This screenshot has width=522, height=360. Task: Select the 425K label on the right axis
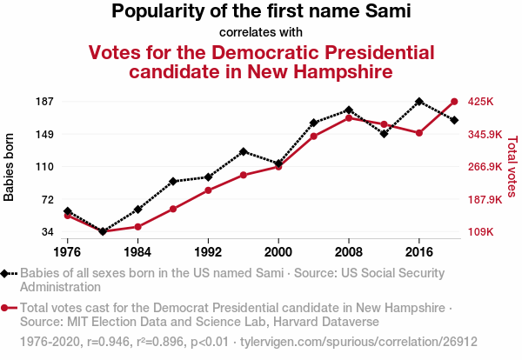pos(481,102)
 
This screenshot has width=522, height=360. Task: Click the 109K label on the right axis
pos(481,232)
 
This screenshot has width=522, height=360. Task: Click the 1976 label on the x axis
pos(67,252)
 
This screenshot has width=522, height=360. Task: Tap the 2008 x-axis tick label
pos(349,252)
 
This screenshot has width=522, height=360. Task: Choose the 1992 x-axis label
pos(208,252)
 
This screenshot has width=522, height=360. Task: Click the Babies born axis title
pos(10,167)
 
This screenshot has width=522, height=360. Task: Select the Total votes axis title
pos(512,167)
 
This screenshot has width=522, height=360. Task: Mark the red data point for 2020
pos(454,102)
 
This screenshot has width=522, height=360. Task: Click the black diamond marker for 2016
pos(419,102)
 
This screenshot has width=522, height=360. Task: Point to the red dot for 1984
pos(137,227)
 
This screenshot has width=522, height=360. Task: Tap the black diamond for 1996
pos(244,151)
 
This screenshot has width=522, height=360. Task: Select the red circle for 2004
pos(314,137)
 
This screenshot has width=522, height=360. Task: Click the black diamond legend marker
pos(7,273)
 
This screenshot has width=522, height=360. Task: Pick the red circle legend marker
pos(7,308)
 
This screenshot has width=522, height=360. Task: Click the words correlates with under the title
pos(261,32)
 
